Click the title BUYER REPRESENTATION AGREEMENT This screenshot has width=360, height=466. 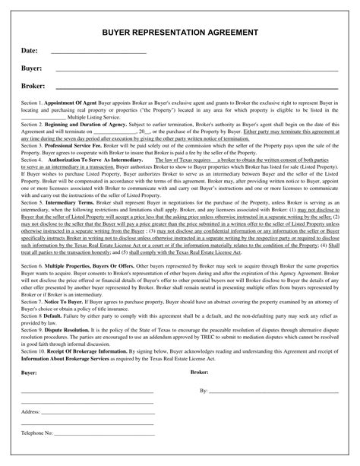coord(180,34)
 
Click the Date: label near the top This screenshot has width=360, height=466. coord(30,51)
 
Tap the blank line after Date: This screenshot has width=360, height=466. coord(97,53)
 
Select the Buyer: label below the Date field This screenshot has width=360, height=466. coord(31,68)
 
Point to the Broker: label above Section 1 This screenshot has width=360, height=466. coord(33,86)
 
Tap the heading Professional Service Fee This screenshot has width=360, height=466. coord(80,144)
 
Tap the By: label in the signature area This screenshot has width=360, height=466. coord(204,369)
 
